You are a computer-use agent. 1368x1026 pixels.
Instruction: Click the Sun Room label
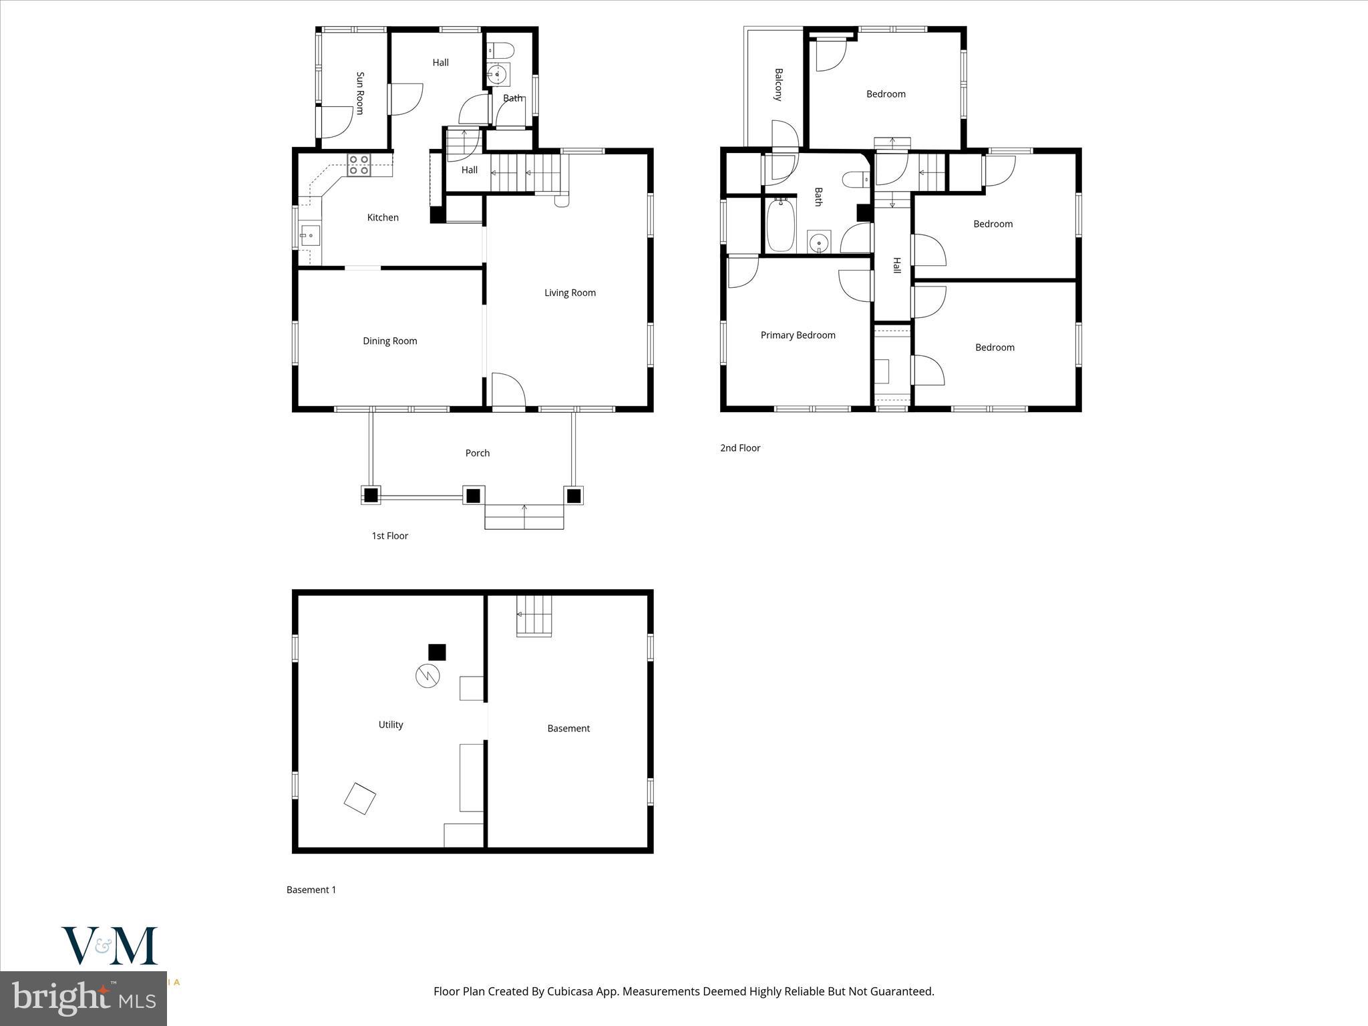point(360,94)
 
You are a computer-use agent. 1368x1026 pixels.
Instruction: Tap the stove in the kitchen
point(359,164)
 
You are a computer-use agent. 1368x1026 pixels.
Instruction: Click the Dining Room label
point(389,341)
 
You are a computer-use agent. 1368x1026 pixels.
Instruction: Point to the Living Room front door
point(508,392)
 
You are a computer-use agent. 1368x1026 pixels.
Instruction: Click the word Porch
point(477,453)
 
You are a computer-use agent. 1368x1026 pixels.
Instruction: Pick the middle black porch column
point(473,496)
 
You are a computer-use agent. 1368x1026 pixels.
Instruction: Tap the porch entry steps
point(524,518)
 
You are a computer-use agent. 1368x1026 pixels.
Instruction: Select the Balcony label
point(778,84)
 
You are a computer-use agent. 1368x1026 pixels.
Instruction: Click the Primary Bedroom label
point(798,335)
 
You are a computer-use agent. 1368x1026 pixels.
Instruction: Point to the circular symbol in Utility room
point(427,676)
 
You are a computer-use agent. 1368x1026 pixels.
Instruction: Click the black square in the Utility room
point(437,652)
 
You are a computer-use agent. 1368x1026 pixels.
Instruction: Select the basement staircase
point(534,615)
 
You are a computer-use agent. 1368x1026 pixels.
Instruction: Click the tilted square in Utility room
point(359,798)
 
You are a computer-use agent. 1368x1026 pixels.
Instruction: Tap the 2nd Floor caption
point(739,448)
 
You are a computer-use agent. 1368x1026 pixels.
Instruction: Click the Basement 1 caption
point(311,890)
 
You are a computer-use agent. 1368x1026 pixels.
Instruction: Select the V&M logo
point(110,946)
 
